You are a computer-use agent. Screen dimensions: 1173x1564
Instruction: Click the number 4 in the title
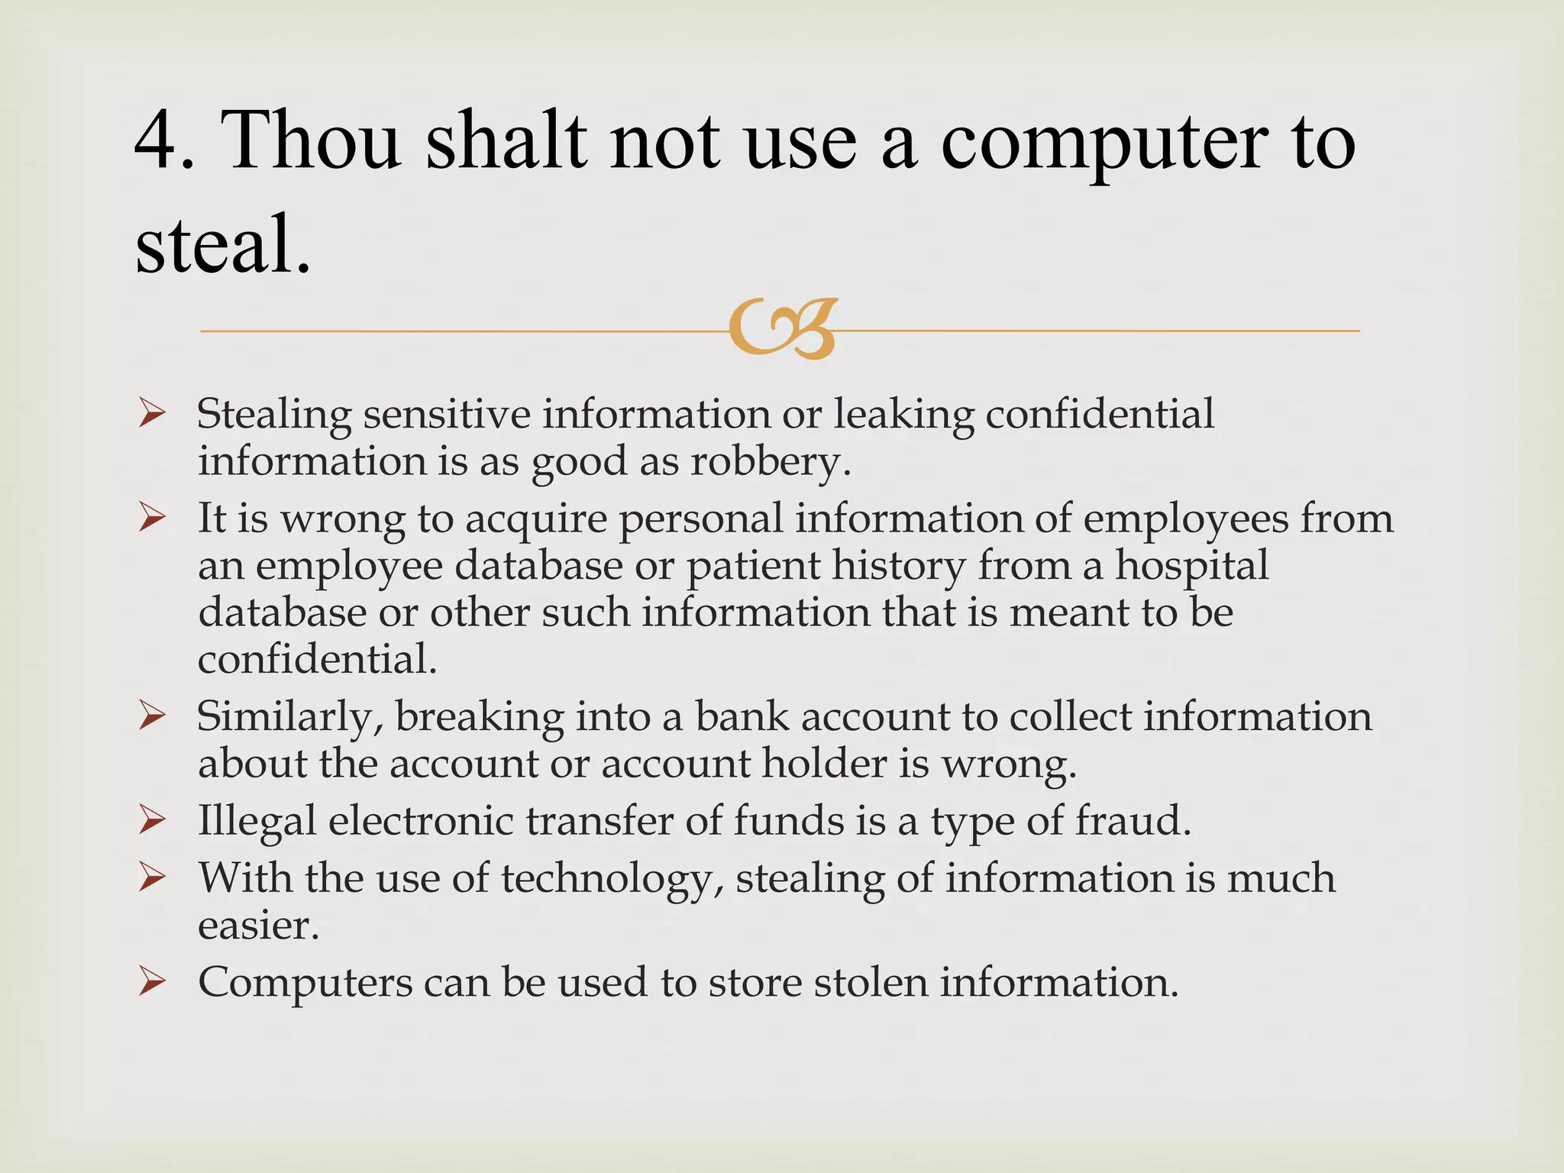tap(157, 141)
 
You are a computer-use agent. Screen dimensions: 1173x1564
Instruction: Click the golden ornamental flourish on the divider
tap(783, 329)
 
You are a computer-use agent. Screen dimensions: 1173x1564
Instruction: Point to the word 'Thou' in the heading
tap(312, 141)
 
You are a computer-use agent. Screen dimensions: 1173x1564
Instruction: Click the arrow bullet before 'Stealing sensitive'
tap(153, 415)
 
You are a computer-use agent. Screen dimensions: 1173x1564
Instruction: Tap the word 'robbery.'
tap(771, 462)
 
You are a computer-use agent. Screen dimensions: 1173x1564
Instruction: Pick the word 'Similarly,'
tap(289, 718)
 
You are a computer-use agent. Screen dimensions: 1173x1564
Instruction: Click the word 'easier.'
tap(258, 926)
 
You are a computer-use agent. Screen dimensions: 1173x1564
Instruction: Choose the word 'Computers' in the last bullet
tap(305, 983)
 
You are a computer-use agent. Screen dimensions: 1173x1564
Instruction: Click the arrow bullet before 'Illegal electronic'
tap(153, 822)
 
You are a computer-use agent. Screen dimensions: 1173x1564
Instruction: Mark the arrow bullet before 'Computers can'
tap(153, 983)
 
